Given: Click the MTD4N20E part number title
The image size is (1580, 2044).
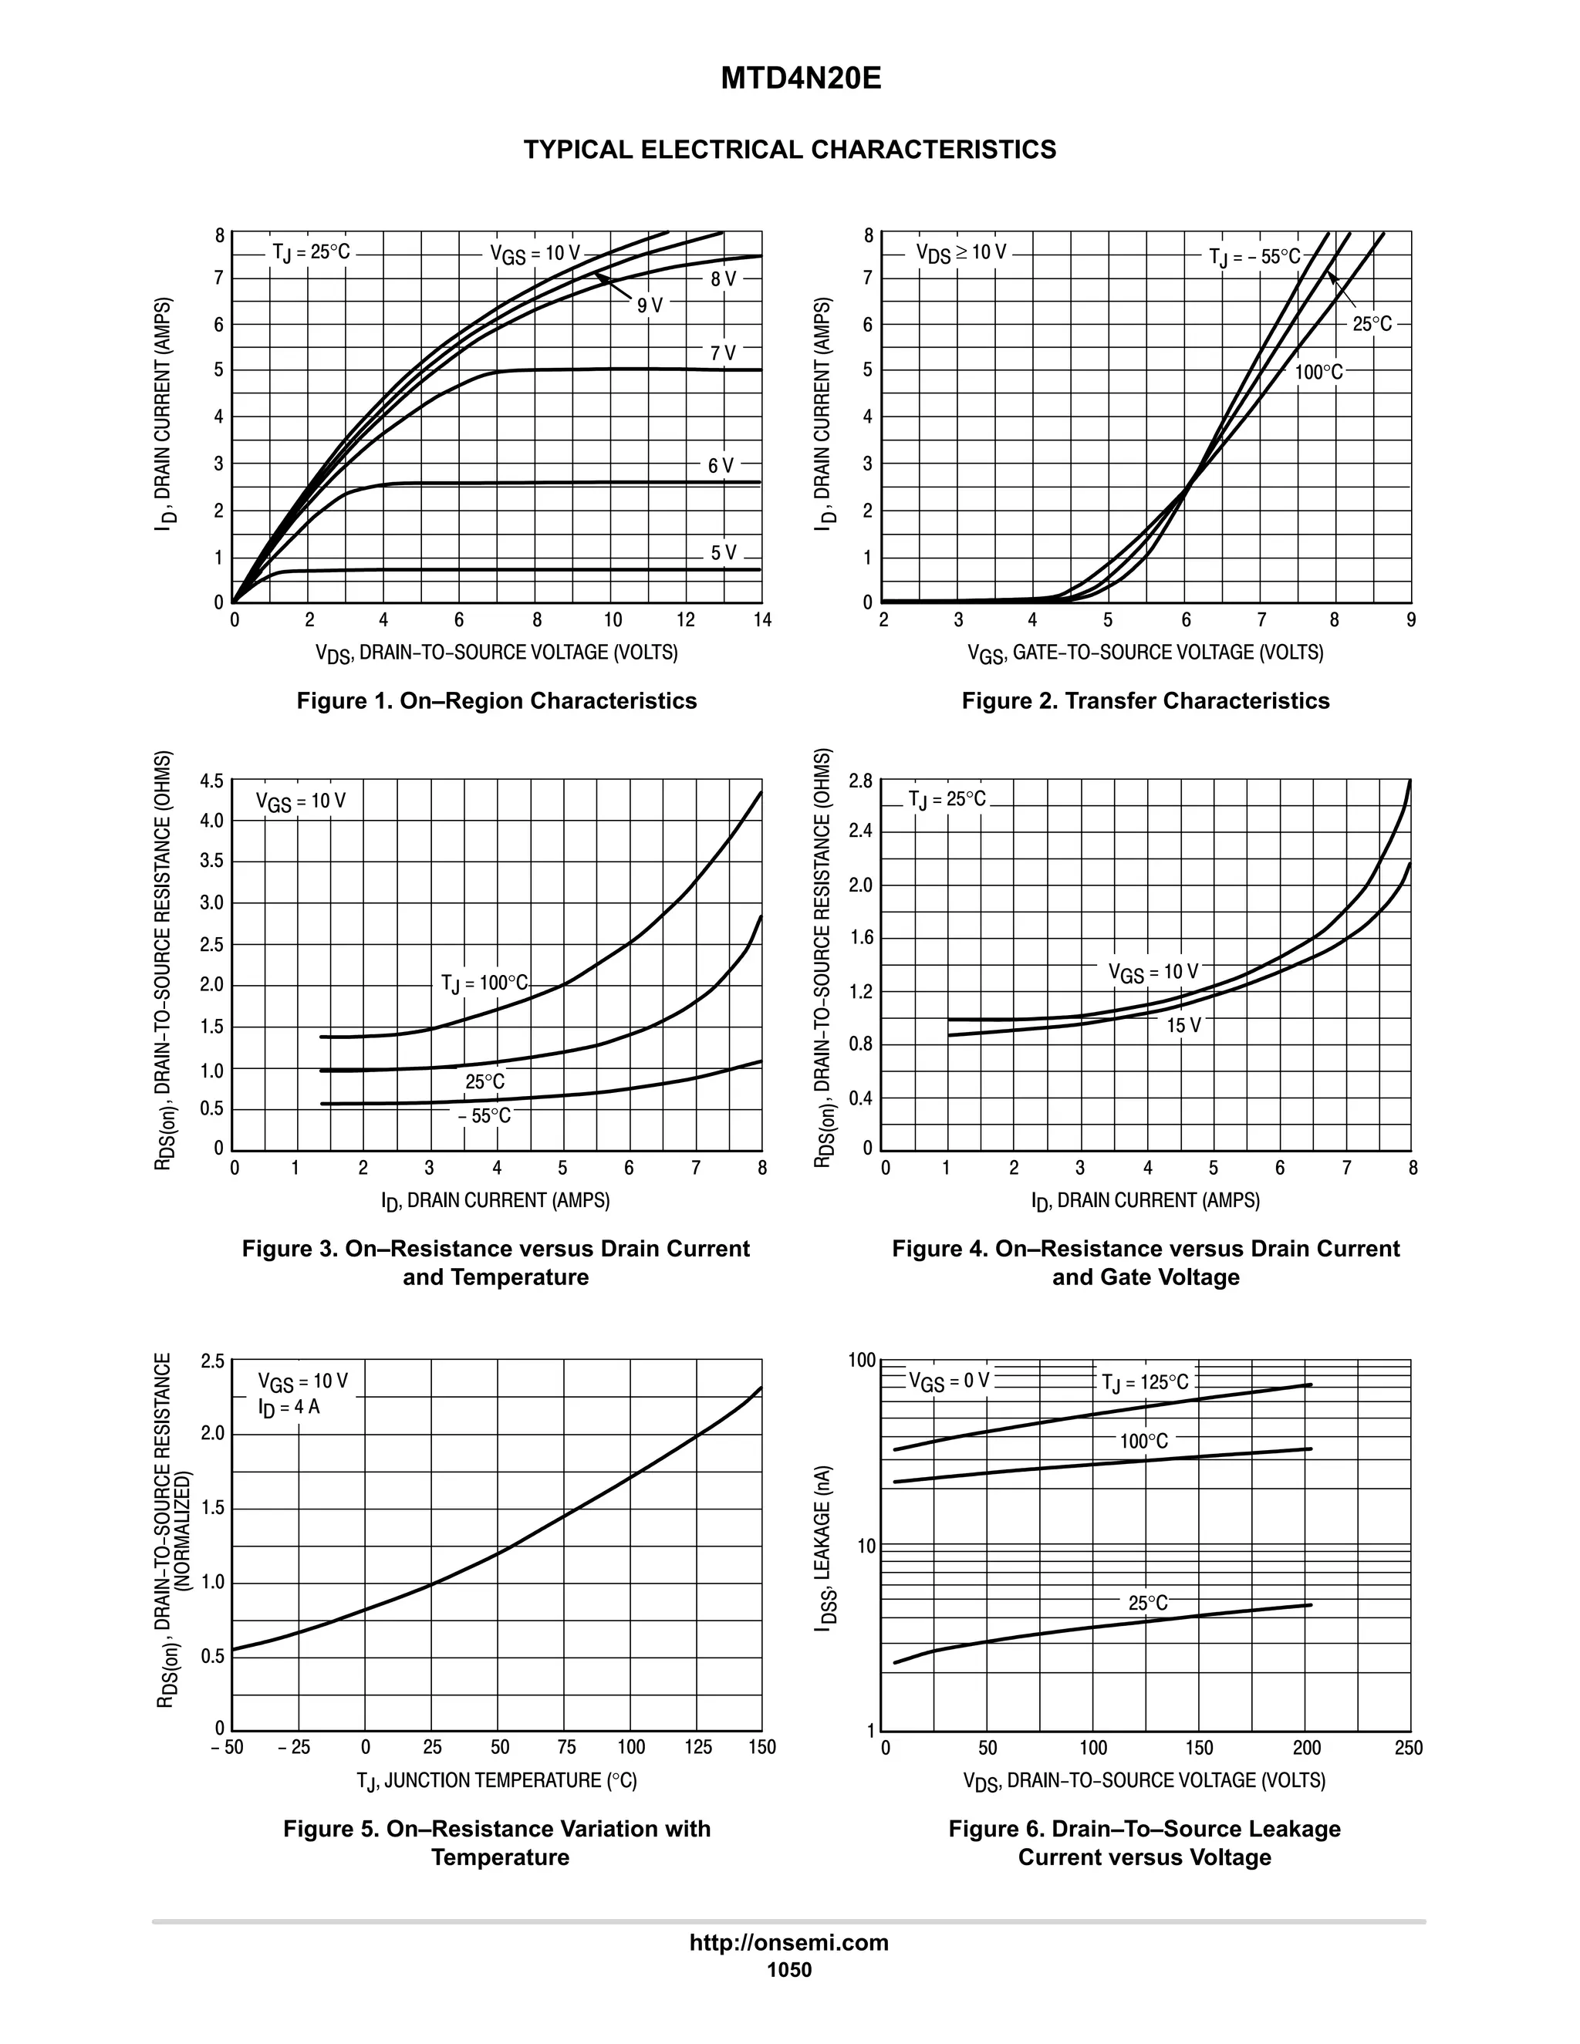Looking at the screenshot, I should [x=800, y=79].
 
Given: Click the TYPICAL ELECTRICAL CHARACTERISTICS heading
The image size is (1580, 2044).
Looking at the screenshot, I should [x=789, y=150].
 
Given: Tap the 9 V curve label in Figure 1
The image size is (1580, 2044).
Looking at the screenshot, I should [x=650, y=306].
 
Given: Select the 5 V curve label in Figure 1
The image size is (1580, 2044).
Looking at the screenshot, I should [x=723, y=553].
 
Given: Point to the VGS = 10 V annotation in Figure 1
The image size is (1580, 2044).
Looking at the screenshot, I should [x=535, y=254].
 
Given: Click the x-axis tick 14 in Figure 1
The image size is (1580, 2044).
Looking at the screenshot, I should [x=762, y=620].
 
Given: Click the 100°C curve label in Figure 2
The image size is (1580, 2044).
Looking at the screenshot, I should [x=1318, y=373].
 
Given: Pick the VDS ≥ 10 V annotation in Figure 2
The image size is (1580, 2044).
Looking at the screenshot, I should [x=961, y=253].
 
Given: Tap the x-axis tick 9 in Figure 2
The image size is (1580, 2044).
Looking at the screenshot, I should [x=1410, y=620].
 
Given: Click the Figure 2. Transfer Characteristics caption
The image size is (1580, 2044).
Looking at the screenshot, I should [x=1145, y=701].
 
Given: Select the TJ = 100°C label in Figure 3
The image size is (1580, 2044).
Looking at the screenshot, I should [x=484, y=983].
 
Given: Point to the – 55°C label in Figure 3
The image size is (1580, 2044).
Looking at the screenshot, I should [x=484, y=1117].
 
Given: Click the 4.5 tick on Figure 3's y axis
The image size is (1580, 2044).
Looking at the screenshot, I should [x=211, y=781].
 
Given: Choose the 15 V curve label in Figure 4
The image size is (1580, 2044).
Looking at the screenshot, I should [x=1183, y=1026].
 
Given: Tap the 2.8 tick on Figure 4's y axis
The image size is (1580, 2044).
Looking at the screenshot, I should [x=860, y=781].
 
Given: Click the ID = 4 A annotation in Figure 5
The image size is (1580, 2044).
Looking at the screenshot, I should [x=289, y=1407].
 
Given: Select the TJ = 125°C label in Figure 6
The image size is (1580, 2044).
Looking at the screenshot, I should [x=1145, y=1382].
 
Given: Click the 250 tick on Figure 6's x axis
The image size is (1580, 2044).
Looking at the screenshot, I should [x=1408, y=1747].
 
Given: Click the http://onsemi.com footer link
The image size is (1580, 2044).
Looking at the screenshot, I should [x=789, y=1942].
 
